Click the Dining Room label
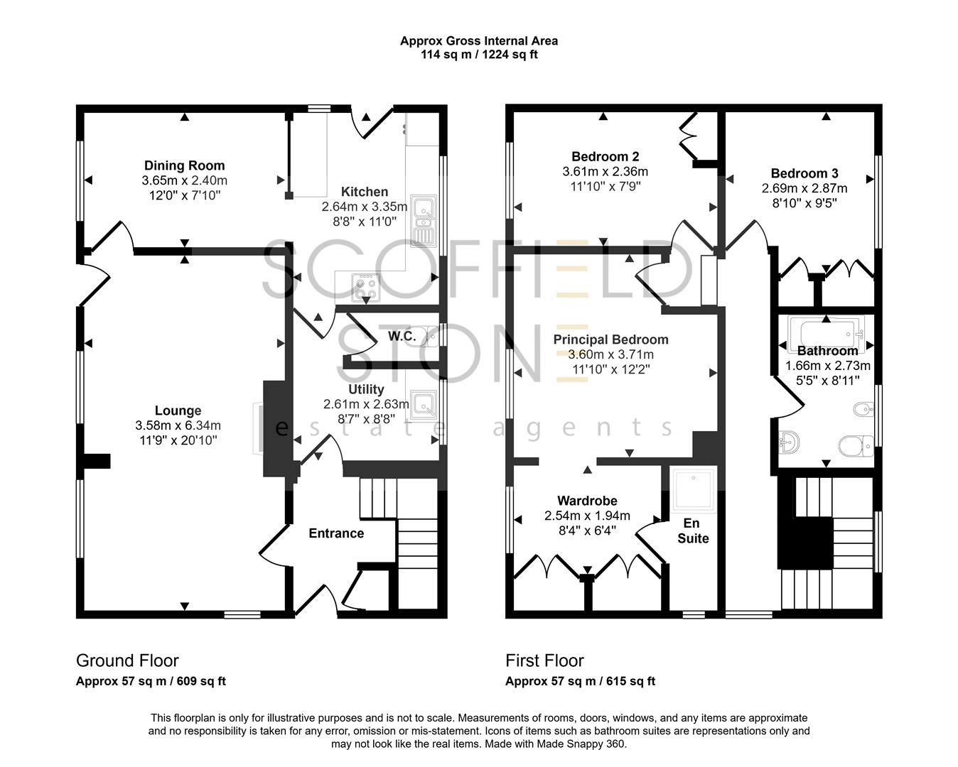pos(184,166)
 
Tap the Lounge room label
pos(178,410)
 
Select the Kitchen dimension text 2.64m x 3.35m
pos(365,207)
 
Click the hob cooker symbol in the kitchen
pos(366,285)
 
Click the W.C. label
pos(402,336)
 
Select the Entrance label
pos(336,533)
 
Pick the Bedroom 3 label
pos(804,173)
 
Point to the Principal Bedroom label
pos(610,339)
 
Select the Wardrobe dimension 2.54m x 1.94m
pos(587,516)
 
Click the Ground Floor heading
pos(127,660)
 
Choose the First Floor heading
pos(544,660)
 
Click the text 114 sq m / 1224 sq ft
pos(478,55)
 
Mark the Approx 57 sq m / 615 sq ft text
pos(580,681)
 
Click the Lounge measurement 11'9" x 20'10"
pos(178,440)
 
